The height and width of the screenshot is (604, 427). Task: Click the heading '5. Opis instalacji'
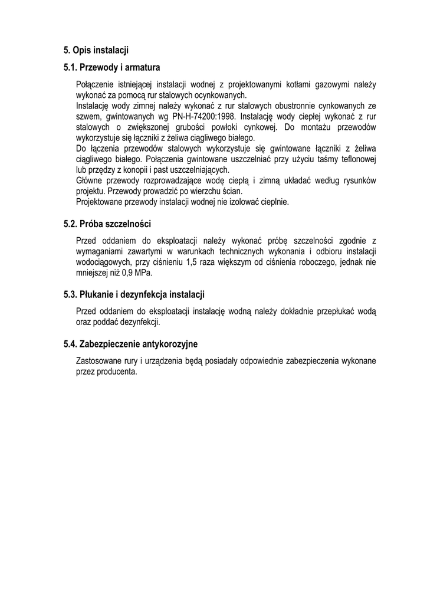tap(96, 50)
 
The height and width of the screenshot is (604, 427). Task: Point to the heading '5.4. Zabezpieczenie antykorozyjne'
tap(130, 343)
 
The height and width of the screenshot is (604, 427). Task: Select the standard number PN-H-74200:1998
tap(203, 117)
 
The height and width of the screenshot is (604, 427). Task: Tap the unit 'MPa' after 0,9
tap(142, 273)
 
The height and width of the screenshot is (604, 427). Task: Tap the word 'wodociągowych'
tap(102, 262)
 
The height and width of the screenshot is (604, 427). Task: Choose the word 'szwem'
tap(87, 117)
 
